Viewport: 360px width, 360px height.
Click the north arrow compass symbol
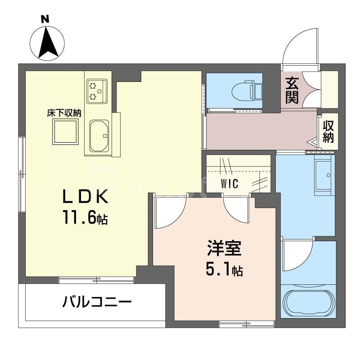[47, 43]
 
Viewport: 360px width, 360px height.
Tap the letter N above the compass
[45, 19]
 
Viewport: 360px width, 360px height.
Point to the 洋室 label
[225, 249]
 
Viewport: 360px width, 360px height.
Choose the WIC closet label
[229, 184]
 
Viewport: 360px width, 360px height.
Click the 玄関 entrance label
[292, 90]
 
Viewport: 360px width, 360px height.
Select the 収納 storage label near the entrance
[328, 131]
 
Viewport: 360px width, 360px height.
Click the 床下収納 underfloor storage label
[64, 112]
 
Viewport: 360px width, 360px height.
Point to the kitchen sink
[99, 135]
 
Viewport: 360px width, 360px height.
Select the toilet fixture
[246, 91]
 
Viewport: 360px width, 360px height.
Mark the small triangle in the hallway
[312, 143]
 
